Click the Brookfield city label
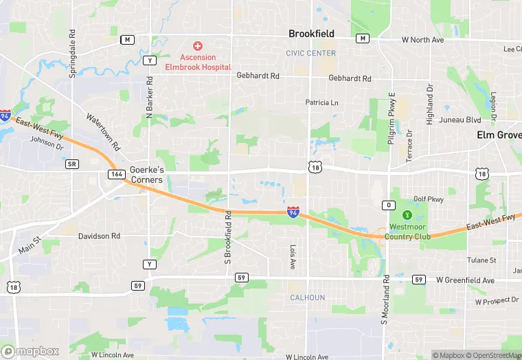point(311,34)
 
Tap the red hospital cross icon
point(198,46)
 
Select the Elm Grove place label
point(499,135)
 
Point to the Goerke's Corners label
point(146,175)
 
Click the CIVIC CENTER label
point(311,53)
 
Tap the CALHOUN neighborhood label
point(307,297)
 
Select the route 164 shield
point(115,175)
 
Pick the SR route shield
point(72,164)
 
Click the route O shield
point(389,205)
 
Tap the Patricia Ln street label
point(322,102)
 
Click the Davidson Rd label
point(99,236)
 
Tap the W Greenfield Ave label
point(465,280)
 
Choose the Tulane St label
point(481,260)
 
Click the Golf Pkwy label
point(429,199)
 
